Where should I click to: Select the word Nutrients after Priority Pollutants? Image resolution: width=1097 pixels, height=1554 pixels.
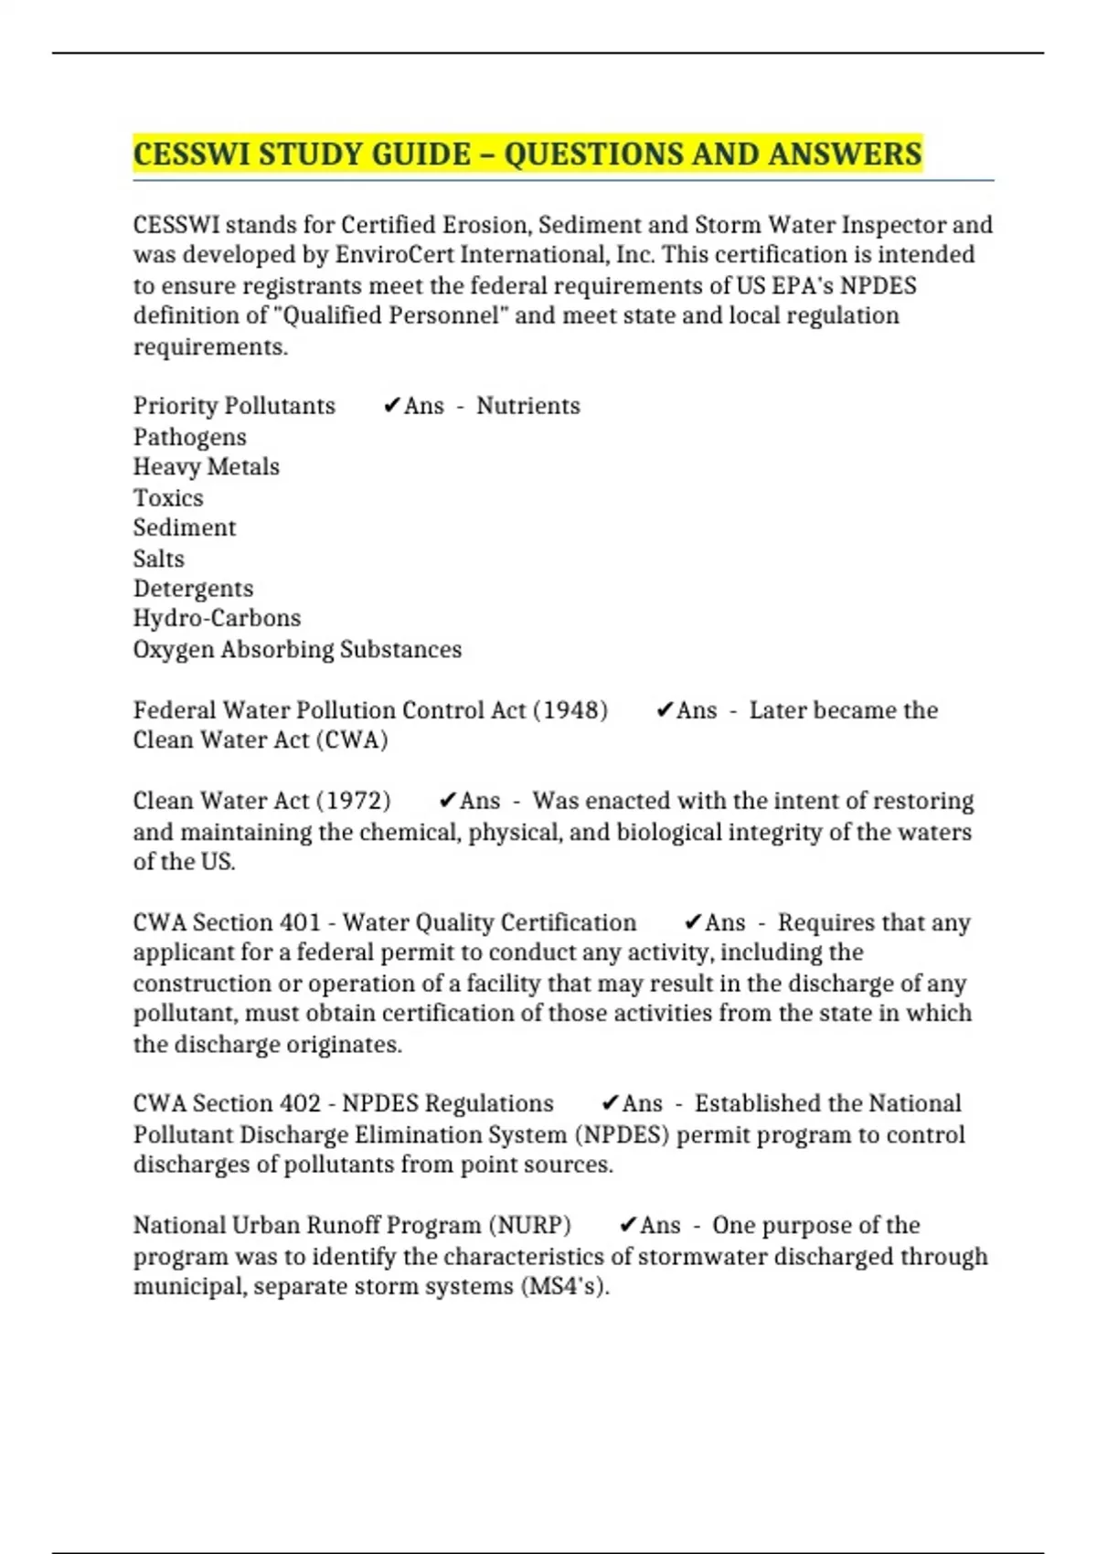point(527,406)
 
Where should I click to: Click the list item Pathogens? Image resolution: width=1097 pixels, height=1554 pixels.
point(189,437)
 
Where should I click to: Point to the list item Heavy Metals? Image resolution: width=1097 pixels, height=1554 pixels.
point(206,467)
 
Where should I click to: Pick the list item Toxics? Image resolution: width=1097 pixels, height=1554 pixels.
point(168,498)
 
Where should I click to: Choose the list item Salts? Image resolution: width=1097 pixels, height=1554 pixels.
point(158,559)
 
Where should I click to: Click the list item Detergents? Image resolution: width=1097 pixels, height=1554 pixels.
point(193,589)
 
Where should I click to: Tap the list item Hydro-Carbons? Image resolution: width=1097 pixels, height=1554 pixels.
point(217,619)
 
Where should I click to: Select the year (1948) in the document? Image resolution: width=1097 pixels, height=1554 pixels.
point(570,710)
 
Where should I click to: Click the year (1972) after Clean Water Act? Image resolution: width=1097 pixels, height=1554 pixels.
point(353,801)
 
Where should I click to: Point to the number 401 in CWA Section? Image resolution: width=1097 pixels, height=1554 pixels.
point(300,922)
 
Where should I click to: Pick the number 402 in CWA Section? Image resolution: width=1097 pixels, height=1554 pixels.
point(300,1103)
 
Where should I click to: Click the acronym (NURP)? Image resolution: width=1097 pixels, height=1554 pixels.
point(529,1225)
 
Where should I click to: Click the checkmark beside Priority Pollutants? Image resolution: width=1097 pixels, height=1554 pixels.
point(391,406)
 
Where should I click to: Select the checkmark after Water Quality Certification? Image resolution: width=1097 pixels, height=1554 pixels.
point(693,922)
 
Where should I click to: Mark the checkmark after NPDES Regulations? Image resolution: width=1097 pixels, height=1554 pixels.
point(610,1103)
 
